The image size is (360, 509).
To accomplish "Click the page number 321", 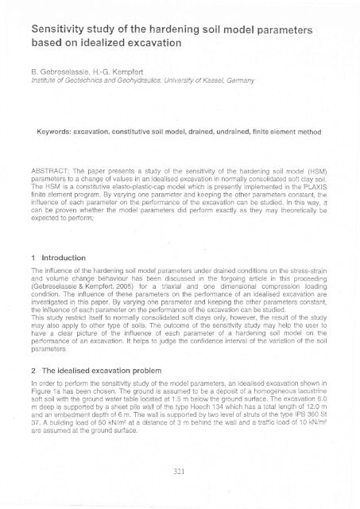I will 180,492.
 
